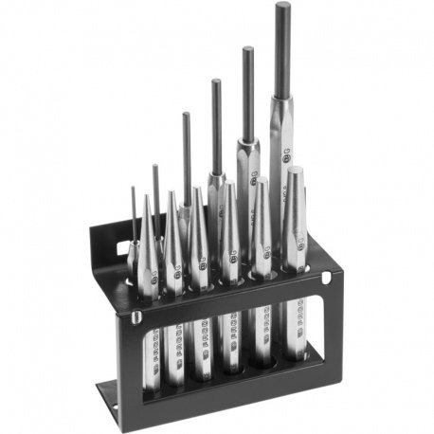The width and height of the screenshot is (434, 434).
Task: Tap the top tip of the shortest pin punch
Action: tap(134, 190)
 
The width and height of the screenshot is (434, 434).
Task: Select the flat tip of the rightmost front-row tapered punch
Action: tap(295, 171)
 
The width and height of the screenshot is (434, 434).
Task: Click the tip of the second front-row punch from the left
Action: tap(172, 193)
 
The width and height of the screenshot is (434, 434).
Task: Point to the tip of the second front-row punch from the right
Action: tap(261, 180)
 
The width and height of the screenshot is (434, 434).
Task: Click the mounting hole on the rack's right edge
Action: tap(325, 276)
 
